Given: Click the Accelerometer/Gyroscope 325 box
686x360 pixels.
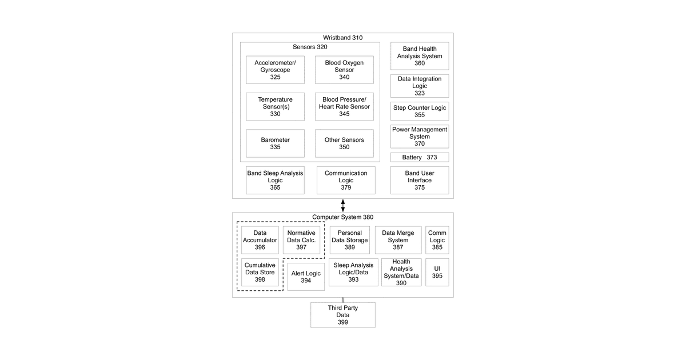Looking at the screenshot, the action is tap(275, 70).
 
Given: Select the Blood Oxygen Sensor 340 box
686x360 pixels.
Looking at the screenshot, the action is tap(344, 70).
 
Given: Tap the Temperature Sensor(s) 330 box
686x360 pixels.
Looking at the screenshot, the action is tap(275, 106).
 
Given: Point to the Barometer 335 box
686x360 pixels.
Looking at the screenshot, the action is tap(275, 143).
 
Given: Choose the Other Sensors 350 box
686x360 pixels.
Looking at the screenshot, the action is tap(344, 143).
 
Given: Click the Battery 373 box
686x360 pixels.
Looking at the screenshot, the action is tap(420, 157).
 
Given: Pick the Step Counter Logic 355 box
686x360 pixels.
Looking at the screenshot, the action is tap(420, 111).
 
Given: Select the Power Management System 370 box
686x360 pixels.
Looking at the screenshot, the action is tap(420, 137).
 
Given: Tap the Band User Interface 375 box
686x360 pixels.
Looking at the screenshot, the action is tap(420, 181).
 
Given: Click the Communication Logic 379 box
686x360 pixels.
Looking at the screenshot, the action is tap(346, 181).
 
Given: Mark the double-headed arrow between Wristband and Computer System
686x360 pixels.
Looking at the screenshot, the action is tap(342, 205).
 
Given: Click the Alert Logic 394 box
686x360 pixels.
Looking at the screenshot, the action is tap(306, 277).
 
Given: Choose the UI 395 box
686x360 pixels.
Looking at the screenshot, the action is tap(437, 272).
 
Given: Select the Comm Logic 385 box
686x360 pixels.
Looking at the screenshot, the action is tap(437, 240).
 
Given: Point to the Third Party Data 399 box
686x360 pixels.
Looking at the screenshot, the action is tap(342, 315).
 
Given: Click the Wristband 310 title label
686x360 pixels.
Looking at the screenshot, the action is tap(342, 38).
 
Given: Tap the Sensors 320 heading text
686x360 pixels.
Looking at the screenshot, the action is tap(310, 47).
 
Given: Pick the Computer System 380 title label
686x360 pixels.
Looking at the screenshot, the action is tap(342, 217).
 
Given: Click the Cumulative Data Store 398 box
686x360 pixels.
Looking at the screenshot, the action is tap(260, 272).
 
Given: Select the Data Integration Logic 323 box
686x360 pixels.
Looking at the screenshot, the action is tap(420, 86).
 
